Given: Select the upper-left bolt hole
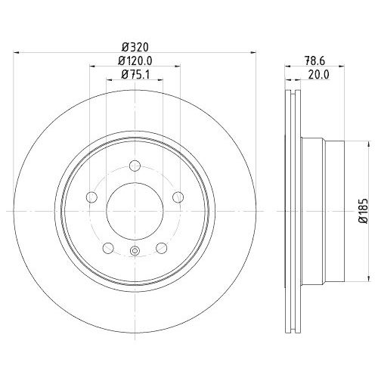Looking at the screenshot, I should (x=92, y=197).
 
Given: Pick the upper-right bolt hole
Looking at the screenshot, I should (x=179, y=197).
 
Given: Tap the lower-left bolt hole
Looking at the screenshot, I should (x=109, y=248).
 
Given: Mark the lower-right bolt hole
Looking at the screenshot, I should (x=163, y=248).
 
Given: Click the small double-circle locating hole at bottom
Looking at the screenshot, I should (x=136, y=252).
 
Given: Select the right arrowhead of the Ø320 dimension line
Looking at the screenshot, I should (x=254, y=52).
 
